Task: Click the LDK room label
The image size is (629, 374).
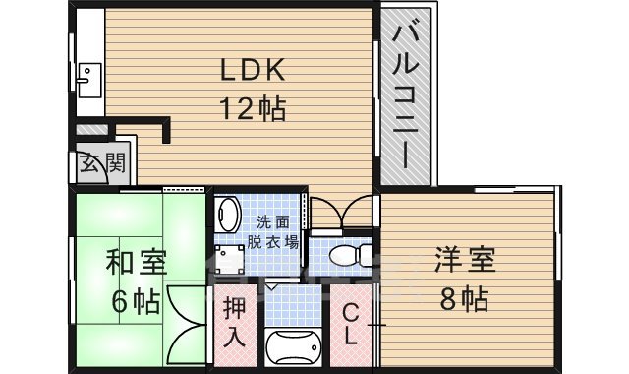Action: [251, 70]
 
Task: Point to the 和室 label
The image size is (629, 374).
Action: [137, 263]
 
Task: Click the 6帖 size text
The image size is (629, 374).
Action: [135, 300]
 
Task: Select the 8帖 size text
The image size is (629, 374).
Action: [462, 297]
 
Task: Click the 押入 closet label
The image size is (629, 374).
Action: [234, 322]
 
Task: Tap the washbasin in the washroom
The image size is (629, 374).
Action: [229, 214]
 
